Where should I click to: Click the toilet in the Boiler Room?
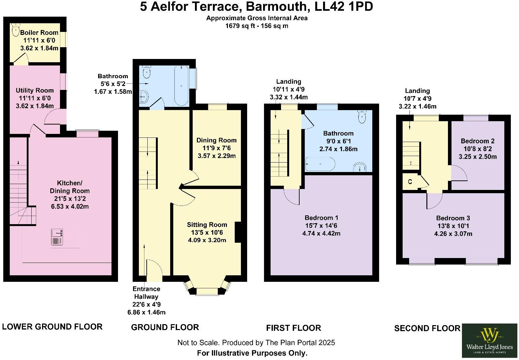(x=15, y=30)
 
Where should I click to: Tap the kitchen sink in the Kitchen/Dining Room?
(x=57, y=237)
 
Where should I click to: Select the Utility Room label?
(x=35, y=90)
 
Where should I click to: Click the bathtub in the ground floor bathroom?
(x=181, y=86)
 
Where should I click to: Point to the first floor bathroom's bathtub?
(x=320, y=164)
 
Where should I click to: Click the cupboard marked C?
(x=410, y=182)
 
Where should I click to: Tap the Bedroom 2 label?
(x=477, y=141)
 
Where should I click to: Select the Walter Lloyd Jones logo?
(x=489, y=341)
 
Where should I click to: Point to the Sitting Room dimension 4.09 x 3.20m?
(x=207, y=240)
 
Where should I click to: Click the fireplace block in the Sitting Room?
(x=238, y=232)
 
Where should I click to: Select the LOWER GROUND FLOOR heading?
(x=52, y=327)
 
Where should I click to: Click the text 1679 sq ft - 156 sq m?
(x=257, y=26)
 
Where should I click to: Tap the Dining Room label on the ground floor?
(x=216, y=140)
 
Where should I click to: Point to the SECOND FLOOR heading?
(x=427, y=328)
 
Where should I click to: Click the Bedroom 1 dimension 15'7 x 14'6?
(x=321, y=225)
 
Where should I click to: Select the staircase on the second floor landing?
(x=411, y=156)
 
